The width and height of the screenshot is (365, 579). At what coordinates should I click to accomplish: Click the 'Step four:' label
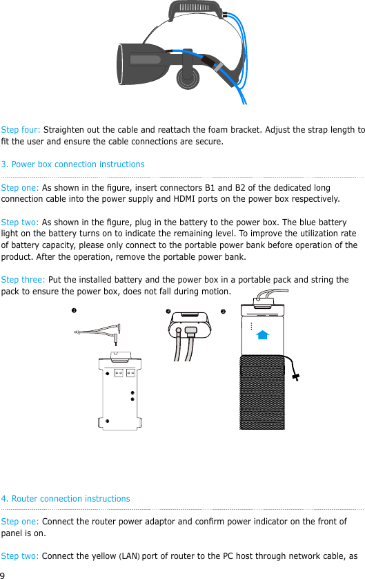(x=21, y=130)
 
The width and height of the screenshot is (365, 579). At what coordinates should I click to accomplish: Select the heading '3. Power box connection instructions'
(x=72, y=164)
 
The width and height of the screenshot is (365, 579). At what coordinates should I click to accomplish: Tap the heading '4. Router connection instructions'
(x=66, y=499)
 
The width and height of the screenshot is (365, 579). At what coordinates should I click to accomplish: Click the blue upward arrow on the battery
(x=262, y=335)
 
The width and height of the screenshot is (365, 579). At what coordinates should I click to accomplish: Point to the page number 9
(x=3, y=575)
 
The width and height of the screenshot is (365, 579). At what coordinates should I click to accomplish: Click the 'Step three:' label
(x=23, y=280)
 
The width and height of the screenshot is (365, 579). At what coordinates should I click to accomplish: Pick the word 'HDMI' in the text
(x=184, y=199)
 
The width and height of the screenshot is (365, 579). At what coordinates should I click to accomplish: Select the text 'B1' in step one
(x=210, y=187)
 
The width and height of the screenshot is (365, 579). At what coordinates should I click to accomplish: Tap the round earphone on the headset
(x=188, y=77)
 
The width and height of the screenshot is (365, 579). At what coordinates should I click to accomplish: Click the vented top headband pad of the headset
(x=195, y=10)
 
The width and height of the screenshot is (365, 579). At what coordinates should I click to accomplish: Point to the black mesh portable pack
(x=262, y=392)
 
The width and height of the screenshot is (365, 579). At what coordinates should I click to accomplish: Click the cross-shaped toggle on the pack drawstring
(x=296, y=377)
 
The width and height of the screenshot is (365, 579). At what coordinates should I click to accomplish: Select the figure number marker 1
(x=74, y=310)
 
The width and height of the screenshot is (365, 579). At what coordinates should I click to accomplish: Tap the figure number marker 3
(x=223, y=312)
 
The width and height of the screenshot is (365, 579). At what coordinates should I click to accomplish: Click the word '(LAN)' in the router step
(x=129, y=556)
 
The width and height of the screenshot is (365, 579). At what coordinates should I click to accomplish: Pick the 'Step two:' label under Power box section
(x=20, y=222)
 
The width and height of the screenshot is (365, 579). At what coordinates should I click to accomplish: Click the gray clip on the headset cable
(x=218, y=66)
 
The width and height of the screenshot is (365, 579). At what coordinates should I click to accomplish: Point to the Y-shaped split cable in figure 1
(x=98, y=333)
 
